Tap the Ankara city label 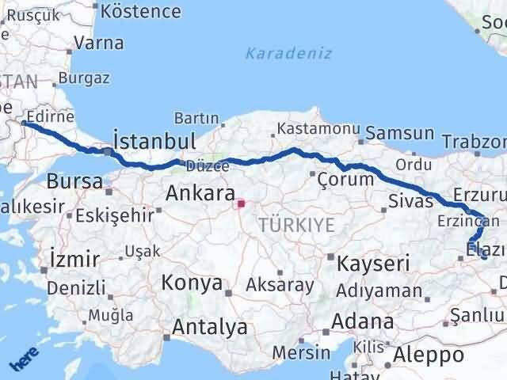200,193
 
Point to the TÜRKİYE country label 296,226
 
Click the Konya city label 193,283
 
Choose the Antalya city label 210,326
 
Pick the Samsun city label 400,133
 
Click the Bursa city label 74,181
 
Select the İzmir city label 74,259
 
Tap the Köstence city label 142,11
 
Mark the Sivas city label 410,199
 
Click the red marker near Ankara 241,204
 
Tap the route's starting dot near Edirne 25,123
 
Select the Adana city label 364,322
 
